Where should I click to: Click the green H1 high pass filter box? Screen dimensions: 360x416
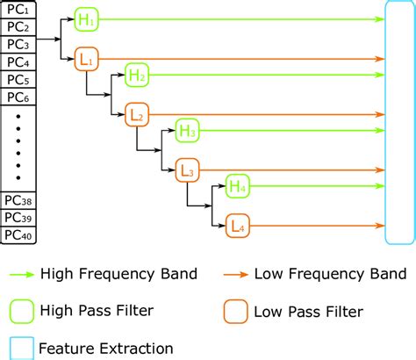(87, 18)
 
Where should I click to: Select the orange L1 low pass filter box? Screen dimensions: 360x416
(87, 59)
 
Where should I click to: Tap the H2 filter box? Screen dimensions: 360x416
(137, 76)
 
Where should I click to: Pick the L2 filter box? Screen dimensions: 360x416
(137, 114)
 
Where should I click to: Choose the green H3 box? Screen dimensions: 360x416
(187, 131)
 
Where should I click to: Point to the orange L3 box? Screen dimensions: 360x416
(187, 169)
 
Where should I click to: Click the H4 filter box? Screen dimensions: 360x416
(238, 186)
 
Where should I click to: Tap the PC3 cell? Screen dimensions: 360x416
(18, 45)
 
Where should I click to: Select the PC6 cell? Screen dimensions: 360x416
(18, 95)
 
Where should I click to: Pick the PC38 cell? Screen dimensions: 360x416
(18, 200)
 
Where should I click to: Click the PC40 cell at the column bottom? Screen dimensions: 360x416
(18, 234)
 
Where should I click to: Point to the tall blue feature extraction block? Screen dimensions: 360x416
(398, 124)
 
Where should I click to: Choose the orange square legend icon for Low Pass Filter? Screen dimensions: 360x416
(233, 311)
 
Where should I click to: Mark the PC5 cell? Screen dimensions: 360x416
(18, 78)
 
